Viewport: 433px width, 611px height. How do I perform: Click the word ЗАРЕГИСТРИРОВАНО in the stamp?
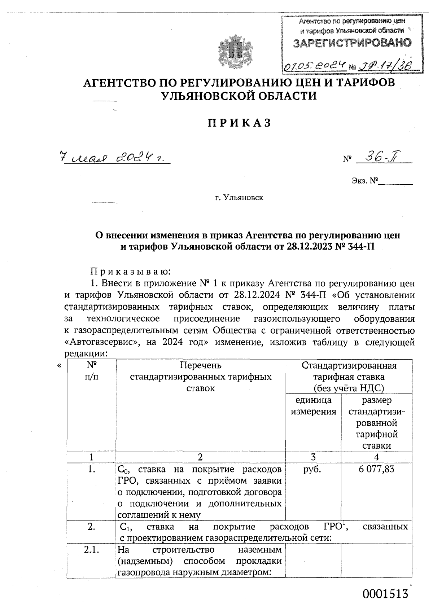pyautogui.click(x=352, y=43)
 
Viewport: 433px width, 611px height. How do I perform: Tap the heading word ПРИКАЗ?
pyautogui.click(x=239, y=123)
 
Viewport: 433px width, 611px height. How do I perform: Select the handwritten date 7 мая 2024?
pyautogui.click(x=114, y=158)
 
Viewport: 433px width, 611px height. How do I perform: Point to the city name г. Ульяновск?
pyautogui.click(x=239, y=198)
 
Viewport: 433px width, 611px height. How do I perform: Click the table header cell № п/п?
pyautogui.click(x=91, y=371)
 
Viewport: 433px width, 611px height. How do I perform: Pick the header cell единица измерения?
pyautogui.click(x=313, y=406)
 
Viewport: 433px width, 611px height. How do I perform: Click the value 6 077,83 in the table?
pyautogui.click(x=376, y=469)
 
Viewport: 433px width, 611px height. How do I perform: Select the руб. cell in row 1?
pyautogui.click(x=313, y=469)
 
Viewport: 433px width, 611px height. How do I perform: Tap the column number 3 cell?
pyautogui.click(x=313, y=457)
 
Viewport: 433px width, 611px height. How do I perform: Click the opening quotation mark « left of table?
pyautogui.click(x=59, y=366)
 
